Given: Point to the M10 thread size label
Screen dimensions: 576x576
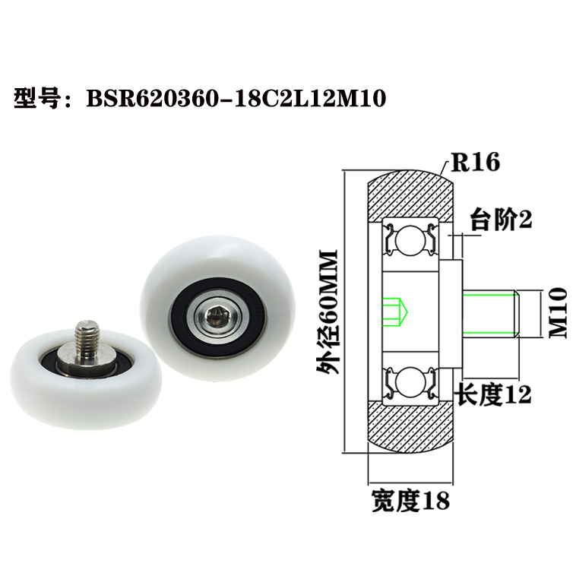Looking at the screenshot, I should pos(559,312).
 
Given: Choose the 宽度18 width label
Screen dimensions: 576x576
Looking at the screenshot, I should pos(410,500).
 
